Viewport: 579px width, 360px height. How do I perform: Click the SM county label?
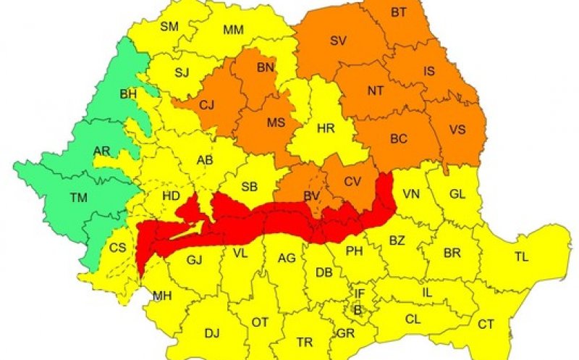[x=169, y=27]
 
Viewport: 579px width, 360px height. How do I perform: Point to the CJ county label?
[x=207, y=106]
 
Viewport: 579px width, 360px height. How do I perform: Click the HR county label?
[x=326, y=128]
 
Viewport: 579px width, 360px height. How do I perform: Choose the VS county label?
[x=457, y=130]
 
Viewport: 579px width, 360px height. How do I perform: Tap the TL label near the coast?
[x=521, y=256]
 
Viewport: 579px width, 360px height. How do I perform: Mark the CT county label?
[x=486, y=324]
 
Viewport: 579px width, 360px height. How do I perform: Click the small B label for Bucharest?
[x=356, y=309]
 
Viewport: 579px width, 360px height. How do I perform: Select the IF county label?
[x=359, y=293]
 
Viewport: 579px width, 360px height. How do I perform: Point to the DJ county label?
[x=211, y=333]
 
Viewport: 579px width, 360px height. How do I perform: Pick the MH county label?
[x=161, y=296]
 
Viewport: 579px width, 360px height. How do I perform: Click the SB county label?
[x=250, y=187]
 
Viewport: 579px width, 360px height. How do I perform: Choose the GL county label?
[x=457, y=194]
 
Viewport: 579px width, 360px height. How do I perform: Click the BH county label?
[x=128, y=94]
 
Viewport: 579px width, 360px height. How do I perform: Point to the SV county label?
[x=338, y=41]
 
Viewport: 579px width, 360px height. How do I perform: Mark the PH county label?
[x=355, y=251]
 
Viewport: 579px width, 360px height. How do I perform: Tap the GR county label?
[x=345, y=334]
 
